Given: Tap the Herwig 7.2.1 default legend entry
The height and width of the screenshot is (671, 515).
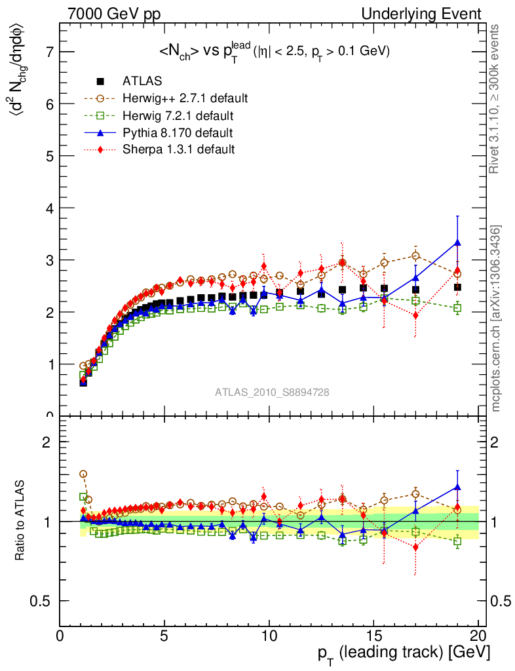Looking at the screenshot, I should [178, 116].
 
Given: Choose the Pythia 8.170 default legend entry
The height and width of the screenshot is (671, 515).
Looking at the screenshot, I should [178, 133].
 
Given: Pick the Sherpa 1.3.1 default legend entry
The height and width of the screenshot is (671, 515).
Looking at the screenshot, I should [178, 149].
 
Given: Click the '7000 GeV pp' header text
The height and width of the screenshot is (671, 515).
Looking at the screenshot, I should [114, 14].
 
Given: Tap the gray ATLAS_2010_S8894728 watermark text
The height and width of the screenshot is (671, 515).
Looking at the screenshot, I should [272, 393].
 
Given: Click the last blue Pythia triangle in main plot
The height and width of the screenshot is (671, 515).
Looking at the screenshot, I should [457, 242].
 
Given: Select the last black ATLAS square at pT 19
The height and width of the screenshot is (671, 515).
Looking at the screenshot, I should [457, 287].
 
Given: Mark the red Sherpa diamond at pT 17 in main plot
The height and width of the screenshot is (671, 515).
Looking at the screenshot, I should [415, 315].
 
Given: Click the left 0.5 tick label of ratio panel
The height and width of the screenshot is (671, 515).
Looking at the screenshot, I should [46, 601].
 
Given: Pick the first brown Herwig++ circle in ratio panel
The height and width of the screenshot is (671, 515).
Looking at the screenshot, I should [83, 474].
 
